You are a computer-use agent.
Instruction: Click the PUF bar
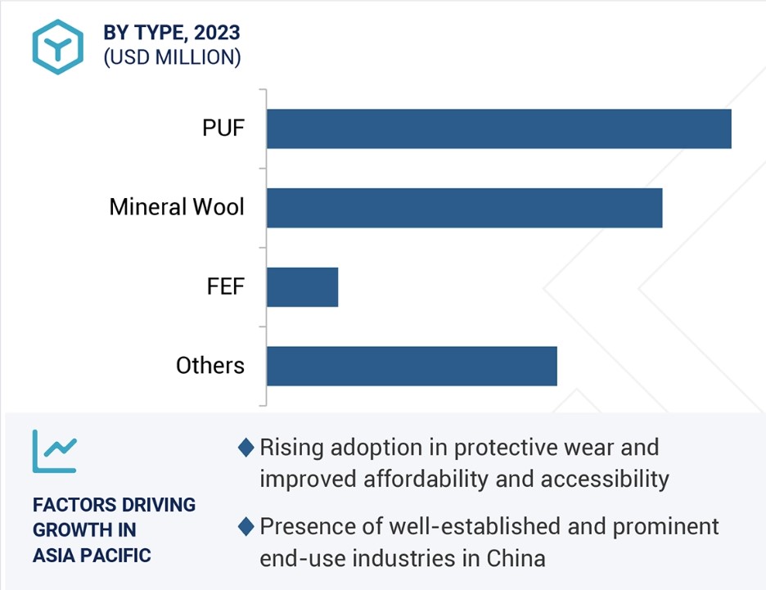click(x=498, y=129)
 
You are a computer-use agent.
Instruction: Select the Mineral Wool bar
click(x=465, y=208)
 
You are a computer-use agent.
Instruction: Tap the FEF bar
click(x=303, y=287)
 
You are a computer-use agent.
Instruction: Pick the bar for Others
click(x=412, y=367)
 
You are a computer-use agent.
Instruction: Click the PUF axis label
click(x=223, y=128)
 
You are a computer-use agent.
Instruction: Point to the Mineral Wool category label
click(x=176, y=206)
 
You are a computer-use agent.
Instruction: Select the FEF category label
click(x=225, y=286)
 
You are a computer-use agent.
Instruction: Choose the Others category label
click(x=210, y=365)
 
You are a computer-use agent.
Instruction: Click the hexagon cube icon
click(x=57, y=47)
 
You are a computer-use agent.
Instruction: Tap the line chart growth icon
click(x=54, y=451)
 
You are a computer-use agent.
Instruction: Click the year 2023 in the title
click(x=217, y=33)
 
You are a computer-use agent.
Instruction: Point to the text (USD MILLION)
click(x=172, y=57)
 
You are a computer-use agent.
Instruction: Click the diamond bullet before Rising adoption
click(x=246, y=448)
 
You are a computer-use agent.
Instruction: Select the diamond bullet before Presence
click(x=246, y=526)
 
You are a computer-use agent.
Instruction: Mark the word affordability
click(x=426, y=480)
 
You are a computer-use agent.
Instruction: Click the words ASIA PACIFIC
click(x=92, y=556)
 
